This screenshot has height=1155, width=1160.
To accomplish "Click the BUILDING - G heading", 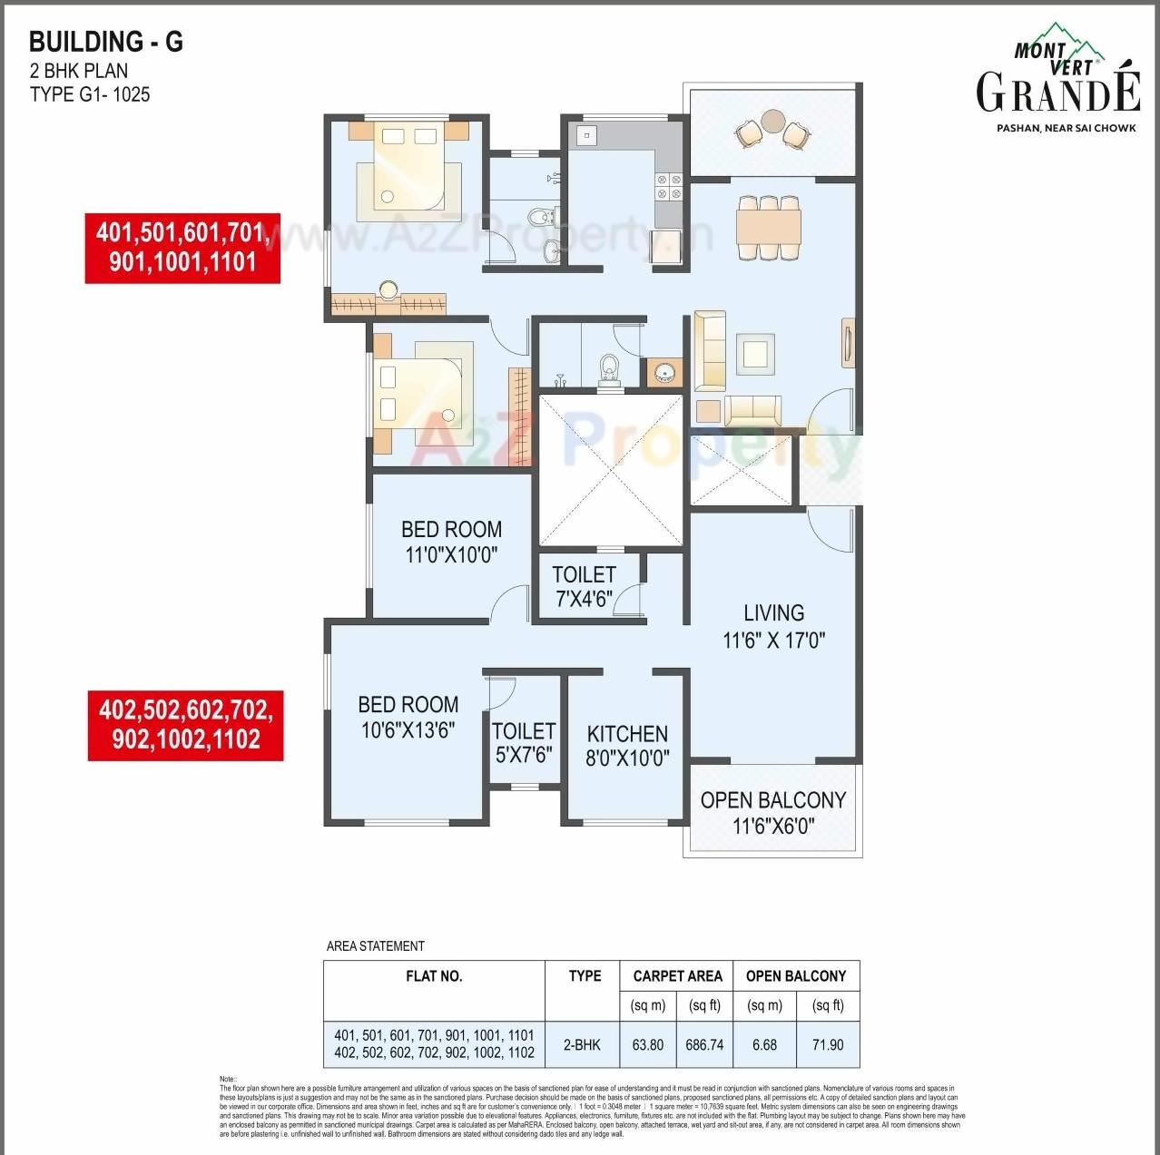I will [106, 42].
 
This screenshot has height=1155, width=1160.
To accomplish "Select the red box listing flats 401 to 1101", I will [182, 248].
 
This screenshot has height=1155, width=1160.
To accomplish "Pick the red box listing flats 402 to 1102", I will [185, 725].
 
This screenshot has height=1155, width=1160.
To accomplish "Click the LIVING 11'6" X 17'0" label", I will [773, 626].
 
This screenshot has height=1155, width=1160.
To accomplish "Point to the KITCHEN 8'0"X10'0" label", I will [627, 746].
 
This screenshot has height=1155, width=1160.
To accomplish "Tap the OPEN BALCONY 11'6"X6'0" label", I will [773, 812].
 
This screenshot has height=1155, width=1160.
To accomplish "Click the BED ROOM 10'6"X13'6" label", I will [408, 717].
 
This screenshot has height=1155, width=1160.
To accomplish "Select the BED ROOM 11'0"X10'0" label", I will [451, 542].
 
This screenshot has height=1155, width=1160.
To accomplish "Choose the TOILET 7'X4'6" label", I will [584, 587].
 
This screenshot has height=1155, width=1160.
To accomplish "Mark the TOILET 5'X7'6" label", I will [524, 742].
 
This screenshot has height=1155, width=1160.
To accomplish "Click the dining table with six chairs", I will [768, 227].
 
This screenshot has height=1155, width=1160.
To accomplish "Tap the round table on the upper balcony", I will [773, 120].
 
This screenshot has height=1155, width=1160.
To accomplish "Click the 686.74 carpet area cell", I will [704, 1044].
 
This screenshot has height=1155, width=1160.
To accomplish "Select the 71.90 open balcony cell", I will [828, 1044].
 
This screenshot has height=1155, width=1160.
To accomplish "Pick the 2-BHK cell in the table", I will [582, 1044].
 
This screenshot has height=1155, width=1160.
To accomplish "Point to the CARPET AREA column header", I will [677, 976].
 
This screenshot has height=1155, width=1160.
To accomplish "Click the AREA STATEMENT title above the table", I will [376, 945].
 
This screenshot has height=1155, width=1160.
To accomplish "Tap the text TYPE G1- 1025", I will [90, 94].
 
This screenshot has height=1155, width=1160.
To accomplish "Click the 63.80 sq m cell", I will [647, 1044].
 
